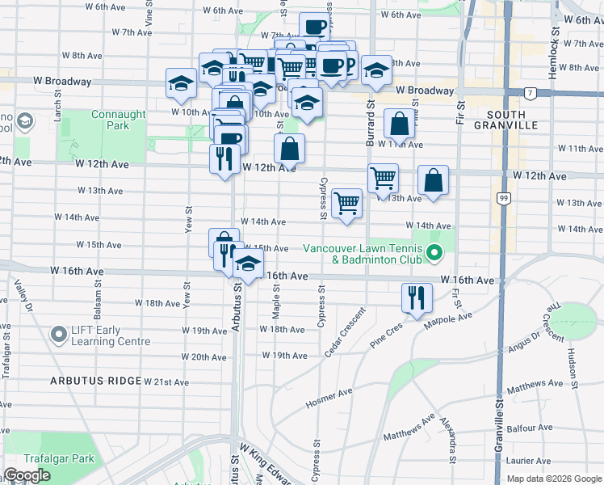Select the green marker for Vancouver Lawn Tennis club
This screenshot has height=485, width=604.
pos(434,255)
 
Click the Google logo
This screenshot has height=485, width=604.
pos(27,475)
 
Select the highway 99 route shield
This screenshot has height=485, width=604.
pos(505,197)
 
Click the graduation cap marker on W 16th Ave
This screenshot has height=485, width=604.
pos(249,264)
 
